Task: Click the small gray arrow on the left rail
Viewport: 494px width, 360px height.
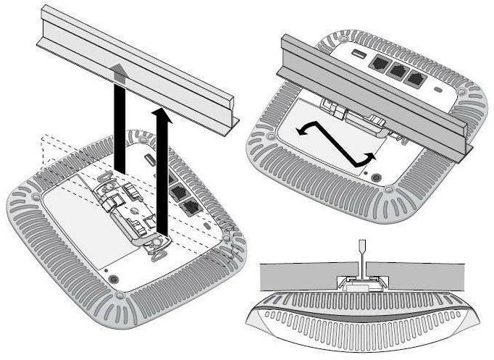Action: (117, 68)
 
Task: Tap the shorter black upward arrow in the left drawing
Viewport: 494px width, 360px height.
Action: (163, 174)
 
